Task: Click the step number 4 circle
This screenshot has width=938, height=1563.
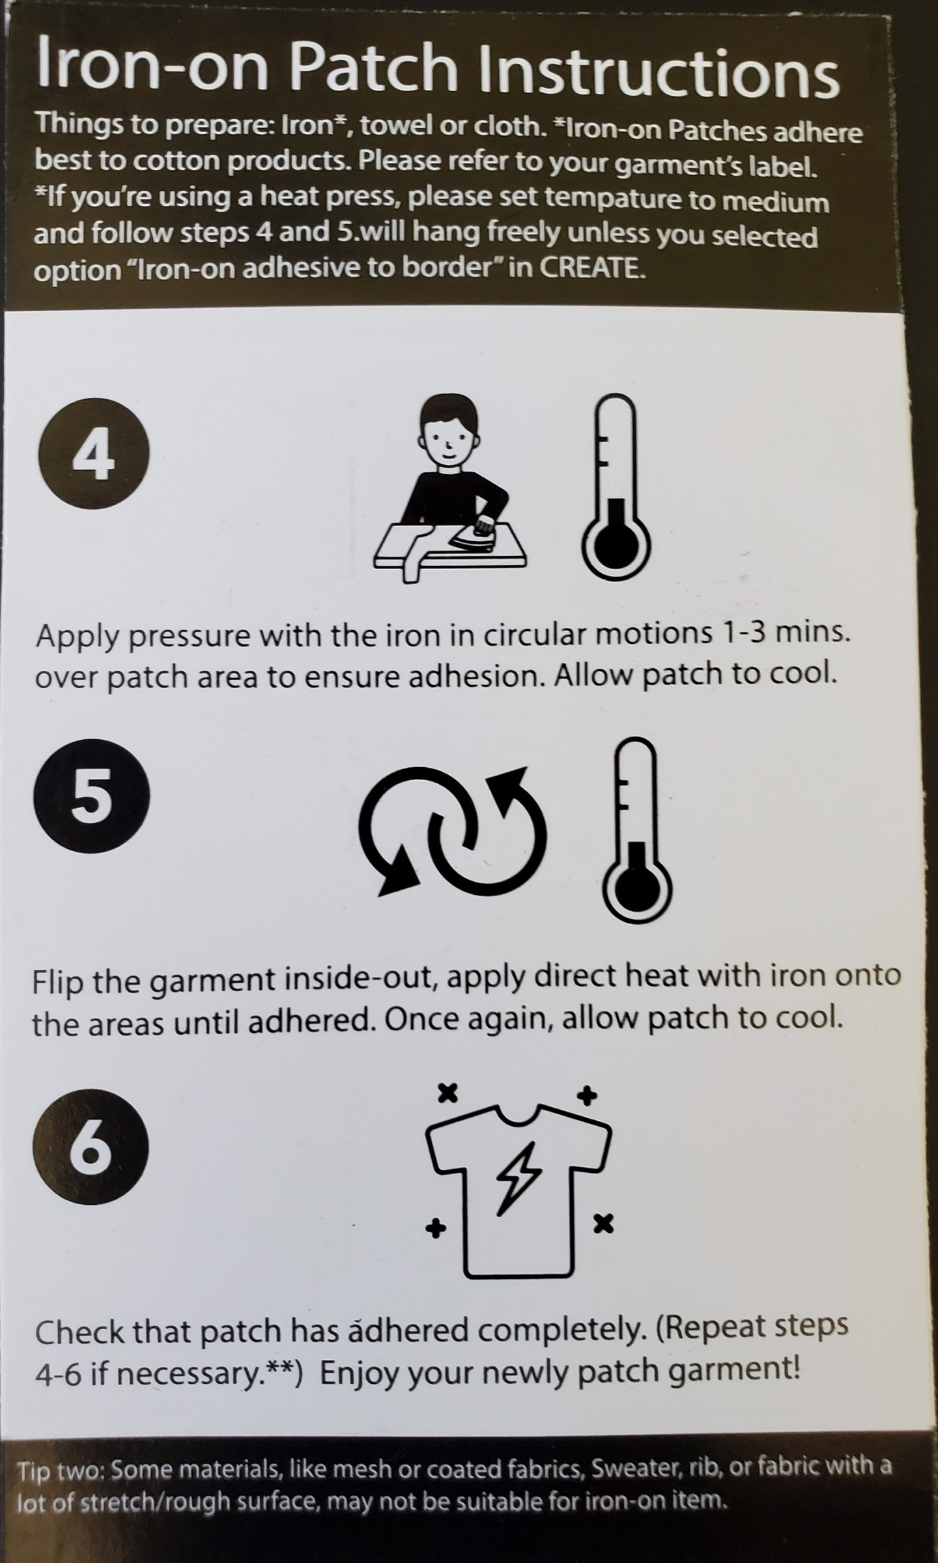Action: click(x=94, y=453)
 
